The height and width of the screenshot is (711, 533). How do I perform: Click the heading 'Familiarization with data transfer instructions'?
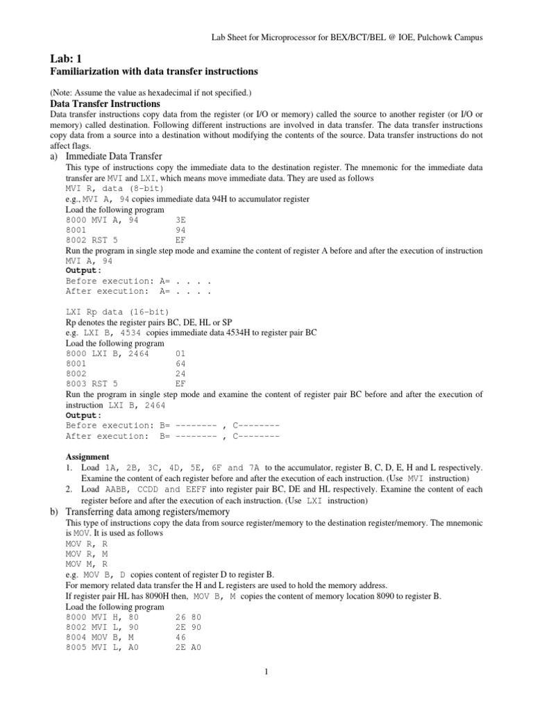point(154,72)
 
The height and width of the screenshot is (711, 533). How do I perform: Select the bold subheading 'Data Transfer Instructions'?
point(105,103)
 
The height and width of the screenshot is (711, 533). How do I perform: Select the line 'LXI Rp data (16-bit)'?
point(117,312)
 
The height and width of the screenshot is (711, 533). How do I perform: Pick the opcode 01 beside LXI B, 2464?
point(181,353)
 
